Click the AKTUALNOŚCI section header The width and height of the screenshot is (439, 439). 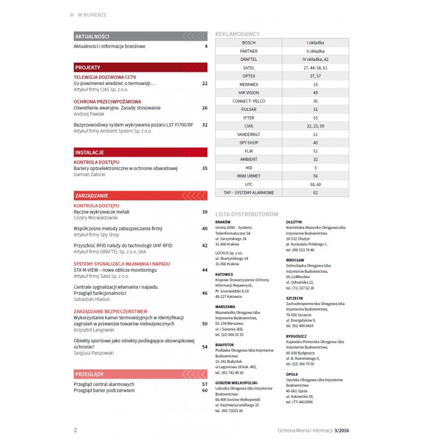click(92, 36)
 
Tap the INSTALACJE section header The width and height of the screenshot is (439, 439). click(90, 152)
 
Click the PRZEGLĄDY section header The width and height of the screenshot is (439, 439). click(89, 374)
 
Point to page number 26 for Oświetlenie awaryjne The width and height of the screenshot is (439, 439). click(205, 108)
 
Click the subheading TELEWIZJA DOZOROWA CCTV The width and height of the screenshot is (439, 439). click(105, 77)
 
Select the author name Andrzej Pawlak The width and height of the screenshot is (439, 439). click(89, 114)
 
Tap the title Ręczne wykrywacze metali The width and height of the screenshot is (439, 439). click(102, 211)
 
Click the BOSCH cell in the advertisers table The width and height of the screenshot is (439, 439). click(249, 42)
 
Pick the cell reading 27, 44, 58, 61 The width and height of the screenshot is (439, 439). click(315, 67)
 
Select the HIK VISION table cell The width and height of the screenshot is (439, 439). click(249, 93)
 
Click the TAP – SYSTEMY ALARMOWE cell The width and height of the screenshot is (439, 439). click(249, 193)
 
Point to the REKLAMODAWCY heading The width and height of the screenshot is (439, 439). click(238, 34)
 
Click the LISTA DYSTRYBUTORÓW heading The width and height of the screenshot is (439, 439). click(247, 213)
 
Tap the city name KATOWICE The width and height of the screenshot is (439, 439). click(224, 274)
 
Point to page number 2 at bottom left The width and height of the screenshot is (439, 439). click(75, 430)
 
